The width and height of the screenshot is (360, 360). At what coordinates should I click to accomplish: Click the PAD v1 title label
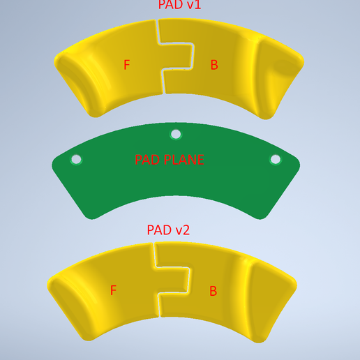[179, 5]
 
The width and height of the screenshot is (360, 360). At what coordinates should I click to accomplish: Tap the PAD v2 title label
[168, 230]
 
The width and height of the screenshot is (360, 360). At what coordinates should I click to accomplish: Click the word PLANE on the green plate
[184, 160]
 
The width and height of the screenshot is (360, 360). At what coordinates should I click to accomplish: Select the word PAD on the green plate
[148, 160]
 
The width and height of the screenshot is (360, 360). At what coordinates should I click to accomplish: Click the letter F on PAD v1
[127, 65]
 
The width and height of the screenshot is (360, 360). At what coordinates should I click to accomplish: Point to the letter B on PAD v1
[214, 65]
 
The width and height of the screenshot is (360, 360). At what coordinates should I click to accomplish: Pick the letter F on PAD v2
[113, 290]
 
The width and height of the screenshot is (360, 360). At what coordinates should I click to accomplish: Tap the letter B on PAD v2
[213, 291]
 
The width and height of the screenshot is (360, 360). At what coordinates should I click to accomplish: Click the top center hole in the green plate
[176, 134]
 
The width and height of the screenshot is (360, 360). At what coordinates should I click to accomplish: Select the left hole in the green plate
[76, 159]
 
